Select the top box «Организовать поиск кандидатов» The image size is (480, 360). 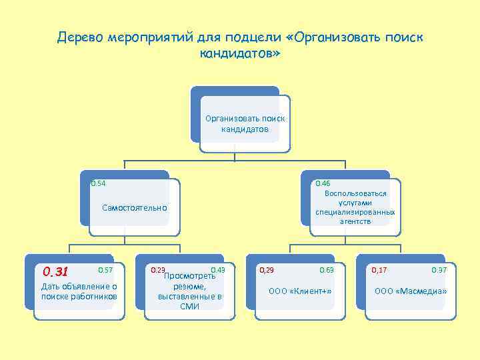[x=245, y=123]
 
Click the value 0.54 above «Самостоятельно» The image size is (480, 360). [x=99, y=183]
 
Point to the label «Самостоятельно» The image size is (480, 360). [x=135, y=208]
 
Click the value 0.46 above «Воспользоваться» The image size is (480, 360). [x=323, y=183]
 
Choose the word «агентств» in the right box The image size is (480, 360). [x=355, y=221]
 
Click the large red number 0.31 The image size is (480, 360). [x=55, y=271]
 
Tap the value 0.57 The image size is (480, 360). [x=105, y=269]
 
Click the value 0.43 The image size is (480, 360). [x=218, y=269]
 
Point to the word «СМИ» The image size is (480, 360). [x=189, y=306]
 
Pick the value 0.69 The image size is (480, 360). [x=327, y=269]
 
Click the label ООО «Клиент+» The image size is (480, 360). [x=299, y=292]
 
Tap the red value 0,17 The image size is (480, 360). [x=379, y=269]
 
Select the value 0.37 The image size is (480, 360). [x=439, y=269]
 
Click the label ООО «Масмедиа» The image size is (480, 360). [x=411, y=292]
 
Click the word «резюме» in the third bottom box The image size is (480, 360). [x=190, y=286]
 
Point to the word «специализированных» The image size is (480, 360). [x=355, y=212]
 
